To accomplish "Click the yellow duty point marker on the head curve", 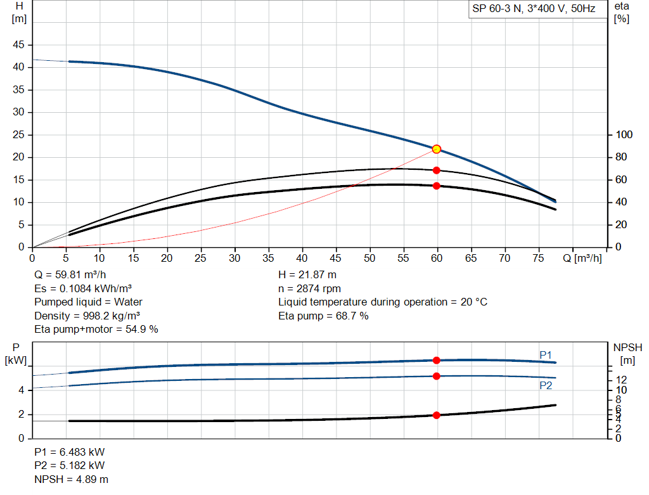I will click(x=436, y=149).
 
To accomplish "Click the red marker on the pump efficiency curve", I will click(x=436, y=170).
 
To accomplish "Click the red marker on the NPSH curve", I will click(x=436, y=415).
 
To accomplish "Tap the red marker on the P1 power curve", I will click(x=436, y=360).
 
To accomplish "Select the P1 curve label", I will click(x=546, y=354).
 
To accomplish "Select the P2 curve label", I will click(x=546, y=385).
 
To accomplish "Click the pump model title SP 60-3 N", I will click(x=497, y=10).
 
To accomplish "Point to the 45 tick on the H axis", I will click(x=19, y=45).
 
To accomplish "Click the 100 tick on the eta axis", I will click(x=624, y=135).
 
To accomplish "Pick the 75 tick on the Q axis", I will click(x=539, y=258).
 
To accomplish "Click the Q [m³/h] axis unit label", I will click(x=582, y=258).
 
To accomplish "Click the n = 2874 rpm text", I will click(x=309, y=288).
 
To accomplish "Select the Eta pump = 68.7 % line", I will click(x=323, y=316).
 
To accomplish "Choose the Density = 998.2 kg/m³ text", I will click(x=87, y=316).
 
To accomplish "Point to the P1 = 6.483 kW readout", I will click(x=70, y=453).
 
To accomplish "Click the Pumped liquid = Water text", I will click(x=89, y=302).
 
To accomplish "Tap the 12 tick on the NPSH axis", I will click(x=620, y=379).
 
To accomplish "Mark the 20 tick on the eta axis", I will click(x=622, y=225).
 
